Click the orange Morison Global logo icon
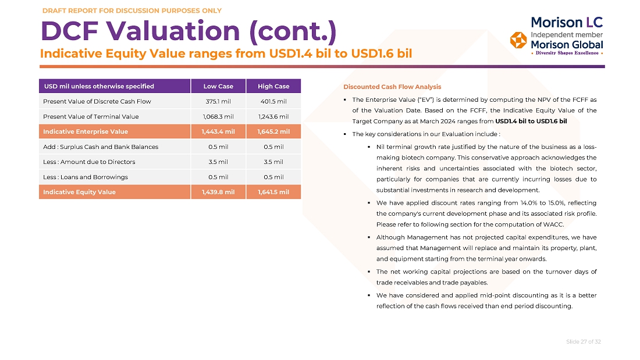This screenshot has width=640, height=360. tap(518, 40)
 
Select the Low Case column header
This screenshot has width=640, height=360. tap(218, 86)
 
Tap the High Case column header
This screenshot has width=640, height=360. tap(273, 86)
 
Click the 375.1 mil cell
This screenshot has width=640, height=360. tap(218, 101)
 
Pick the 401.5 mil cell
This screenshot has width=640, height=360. tap(273, 101)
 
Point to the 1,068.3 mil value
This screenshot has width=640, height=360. tap(218, 116)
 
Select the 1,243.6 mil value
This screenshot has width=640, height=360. tap(273, 116)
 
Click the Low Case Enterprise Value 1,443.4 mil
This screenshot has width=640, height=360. tap(218, 131)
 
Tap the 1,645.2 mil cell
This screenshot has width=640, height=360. tap(273, 131)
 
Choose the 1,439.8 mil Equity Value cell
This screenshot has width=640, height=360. tap(218, 192)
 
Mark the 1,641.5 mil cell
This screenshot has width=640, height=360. tap(273, 192)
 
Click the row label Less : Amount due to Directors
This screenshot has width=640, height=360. tap(89, 162)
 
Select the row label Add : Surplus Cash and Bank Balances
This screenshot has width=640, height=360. tap(101, 147)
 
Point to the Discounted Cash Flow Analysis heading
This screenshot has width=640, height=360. tap(392, 87)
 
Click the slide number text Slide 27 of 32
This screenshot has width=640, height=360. tap(583, 341)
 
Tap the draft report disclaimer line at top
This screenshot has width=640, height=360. tap(132, 10)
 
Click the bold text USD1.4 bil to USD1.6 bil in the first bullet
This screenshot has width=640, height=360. tap(531, 121)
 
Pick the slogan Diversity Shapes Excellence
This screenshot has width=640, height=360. tap(567, 53)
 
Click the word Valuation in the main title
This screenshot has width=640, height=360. tap(173, 31)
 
